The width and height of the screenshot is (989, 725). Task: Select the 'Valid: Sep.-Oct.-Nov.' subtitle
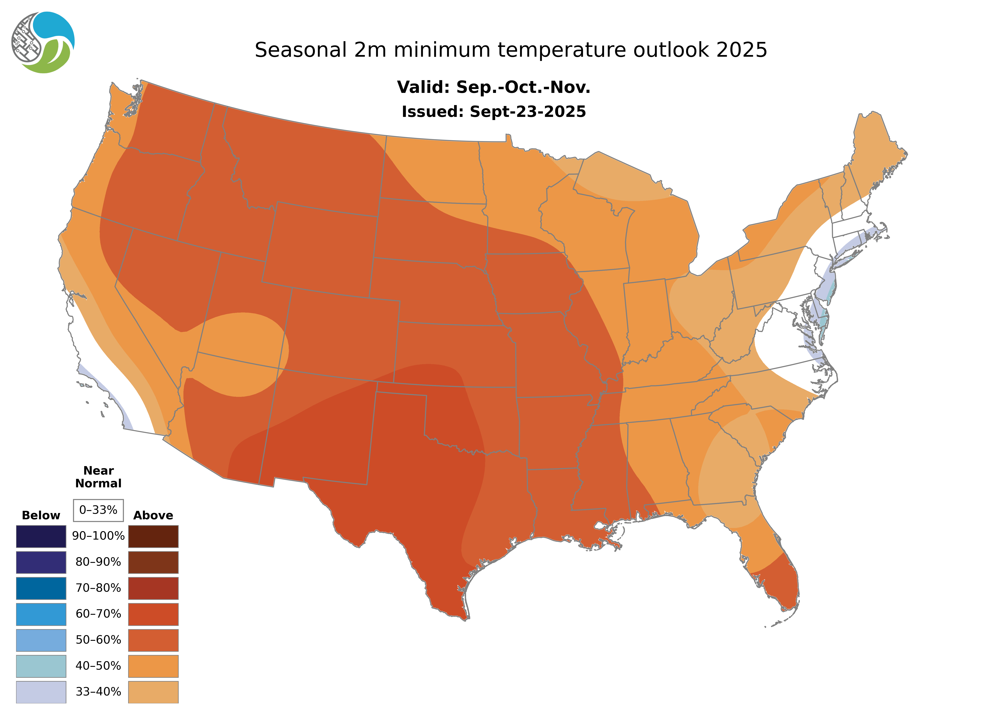[x=493, y=87]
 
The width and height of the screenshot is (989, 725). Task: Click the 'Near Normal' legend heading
[x=98, y=477]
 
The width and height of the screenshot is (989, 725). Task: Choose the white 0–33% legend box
[x=98, y=510]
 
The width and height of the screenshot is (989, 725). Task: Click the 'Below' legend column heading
[x=41, y=515]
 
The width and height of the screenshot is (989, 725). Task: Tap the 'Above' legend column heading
[x=153, y=515]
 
